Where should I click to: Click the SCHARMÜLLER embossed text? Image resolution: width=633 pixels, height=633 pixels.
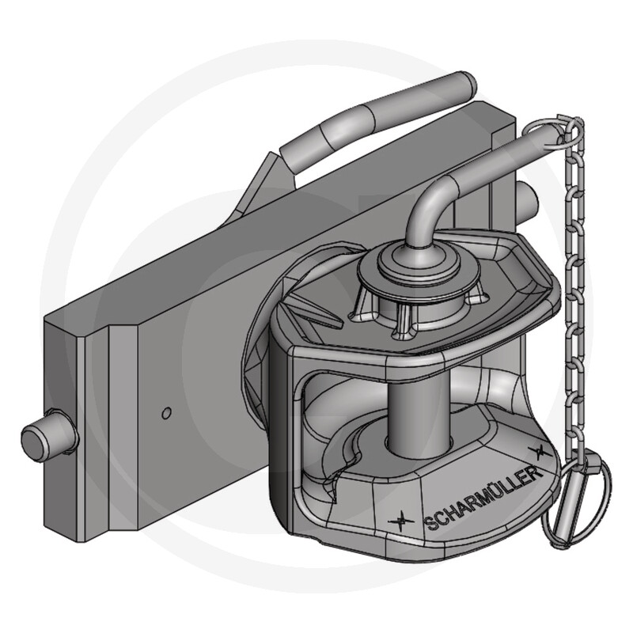(483, 498)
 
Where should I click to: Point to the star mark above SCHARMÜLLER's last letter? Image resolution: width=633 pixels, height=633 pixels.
(538, 451)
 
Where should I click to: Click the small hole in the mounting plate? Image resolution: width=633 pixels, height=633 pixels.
(165, 412)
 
